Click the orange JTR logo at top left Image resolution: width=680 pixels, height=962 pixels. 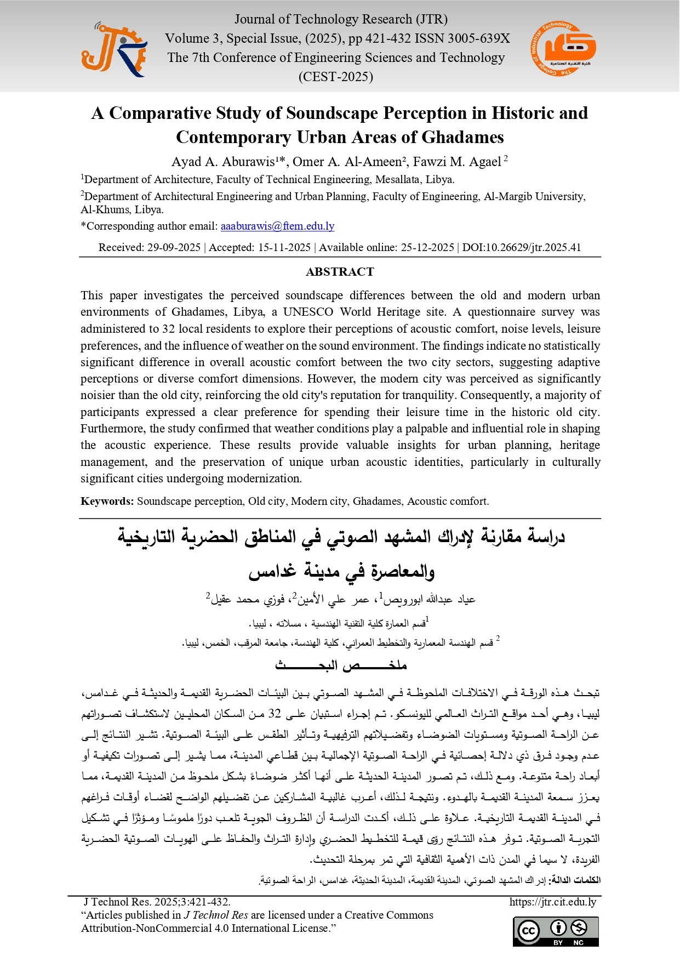point(114,49)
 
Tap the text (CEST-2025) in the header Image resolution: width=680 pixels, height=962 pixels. point(335,77)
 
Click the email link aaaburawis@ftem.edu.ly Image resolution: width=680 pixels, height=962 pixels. point(277,226)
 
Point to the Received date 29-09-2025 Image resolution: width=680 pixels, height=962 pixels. point(174,247)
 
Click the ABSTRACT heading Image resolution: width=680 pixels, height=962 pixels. point(340,272)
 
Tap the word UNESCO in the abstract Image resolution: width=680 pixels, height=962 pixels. point(308,312)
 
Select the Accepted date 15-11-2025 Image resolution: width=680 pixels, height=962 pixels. point(284,247)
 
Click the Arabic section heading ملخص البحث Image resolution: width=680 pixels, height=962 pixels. point(340,665)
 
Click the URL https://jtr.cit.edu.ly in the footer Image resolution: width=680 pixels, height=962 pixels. point(552,902)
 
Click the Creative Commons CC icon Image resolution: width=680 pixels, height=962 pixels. point(529,931)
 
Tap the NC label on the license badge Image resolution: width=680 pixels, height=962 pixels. point(579,943)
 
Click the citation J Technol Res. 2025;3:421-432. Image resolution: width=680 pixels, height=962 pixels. point(157,902)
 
